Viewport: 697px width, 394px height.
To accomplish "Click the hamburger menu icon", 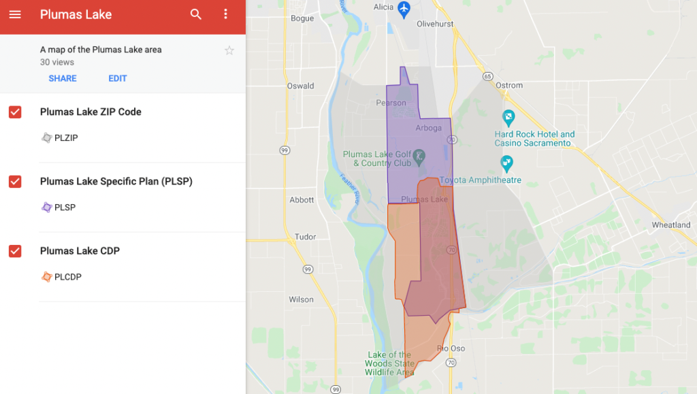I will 15,14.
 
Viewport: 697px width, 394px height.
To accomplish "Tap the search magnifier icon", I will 196,14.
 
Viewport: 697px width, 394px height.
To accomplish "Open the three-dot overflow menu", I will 226,14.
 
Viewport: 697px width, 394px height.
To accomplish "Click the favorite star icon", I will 229,50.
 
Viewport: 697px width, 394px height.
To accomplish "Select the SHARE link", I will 63,78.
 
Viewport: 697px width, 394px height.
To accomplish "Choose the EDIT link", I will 118,78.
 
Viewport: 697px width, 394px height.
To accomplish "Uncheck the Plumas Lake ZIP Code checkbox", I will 15,112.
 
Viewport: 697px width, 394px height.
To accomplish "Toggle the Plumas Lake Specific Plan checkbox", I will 15,182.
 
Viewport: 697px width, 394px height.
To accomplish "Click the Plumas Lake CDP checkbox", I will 15,251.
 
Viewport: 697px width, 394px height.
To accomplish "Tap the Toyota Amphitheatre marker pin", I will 506,163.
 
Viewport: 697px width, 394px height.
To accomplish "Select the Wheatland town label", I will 670,225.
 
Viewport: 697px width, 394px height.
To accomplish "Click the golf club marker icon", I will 420,155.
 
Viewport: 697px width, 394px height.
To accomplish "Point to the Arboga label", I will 428,128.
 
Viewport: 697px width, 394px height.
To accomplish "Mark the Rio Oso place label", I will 451,349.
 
